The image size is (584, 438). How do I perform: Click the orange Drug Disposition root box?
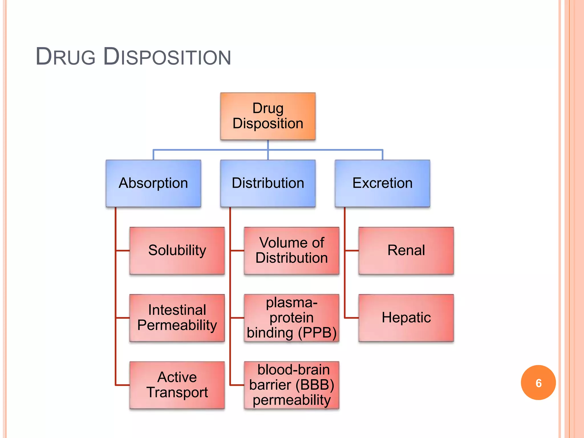tap(268, 116)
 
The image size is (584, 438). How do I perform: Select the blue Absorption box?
tap(153, 183)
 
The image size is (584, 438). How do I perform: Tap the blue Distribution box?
tap(268, 183)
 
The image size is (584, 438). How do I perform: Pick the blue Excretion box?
tap(382, 183)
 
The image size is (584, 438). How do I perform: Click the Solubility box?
tap(177, 250)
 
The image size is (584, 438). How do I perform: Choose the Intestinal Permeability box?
tap(177, 318)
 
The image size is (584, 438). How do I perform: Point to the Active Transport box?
tap(177, 385)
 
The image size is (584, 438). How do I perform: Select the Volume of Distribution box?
tap(291, 250)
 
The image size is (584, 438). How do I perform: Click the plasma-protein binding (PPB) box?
tap(291, 318)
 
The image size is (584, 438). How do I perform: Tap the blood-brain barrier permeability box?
tap(291, 385)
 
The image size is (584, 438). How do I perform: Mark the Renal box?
tap(406, 250)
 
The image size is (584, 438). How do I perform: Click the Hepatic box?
tap(406, 318)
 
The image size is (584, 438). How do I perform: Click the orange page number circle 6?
tap(538, 383)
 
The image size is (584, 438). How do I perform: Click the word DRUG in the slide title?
tap(66, 57)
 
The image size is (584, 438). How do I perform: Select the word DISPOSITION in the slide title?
tap(167, 57)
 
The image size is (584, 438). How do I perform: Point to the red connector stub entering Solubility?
tap(123, 251)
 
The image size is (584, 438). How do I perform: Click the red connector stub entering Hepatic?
tap(351, 318)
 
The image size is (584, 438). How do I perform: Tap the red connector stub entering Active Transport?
tap(123, 385)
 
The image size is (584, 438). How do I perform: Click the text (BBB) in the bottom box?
tap(315, 385)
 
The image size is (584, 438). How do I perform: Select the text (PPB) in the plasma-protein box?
tap(317, 333)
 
